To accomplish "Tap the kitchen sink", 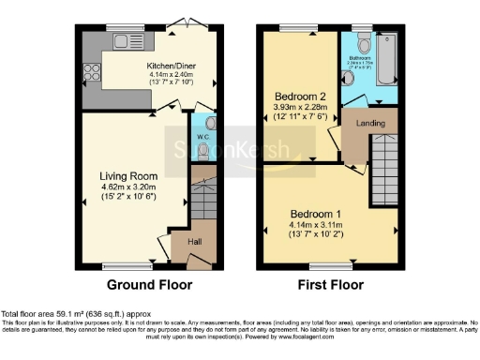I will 120,40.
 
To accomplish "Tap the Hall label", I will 194,241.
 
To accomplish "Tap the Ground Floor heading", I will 149,284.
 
